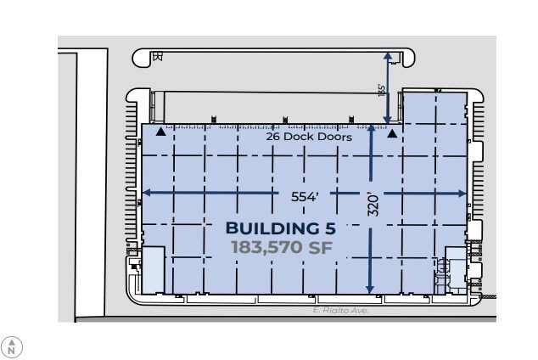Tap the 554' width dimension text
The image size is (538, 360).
click(x=305, y=195)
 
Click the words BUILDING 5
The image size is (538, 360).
click(x=280, y=228)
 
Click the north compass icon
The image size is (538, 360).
click(x=12, y=346)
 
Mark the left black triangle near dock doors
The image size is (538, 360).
click(x=160, y=132)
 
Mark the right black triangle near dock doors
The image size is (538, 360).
click(x=392, y=132)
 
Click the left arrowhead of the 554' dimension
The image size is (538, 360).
click(x=145, y=193)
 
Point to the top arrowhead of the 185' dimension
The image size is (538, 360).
click(x=388, y=54)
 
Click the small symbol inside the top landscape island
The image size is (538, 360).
click(x=156, y=57)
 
